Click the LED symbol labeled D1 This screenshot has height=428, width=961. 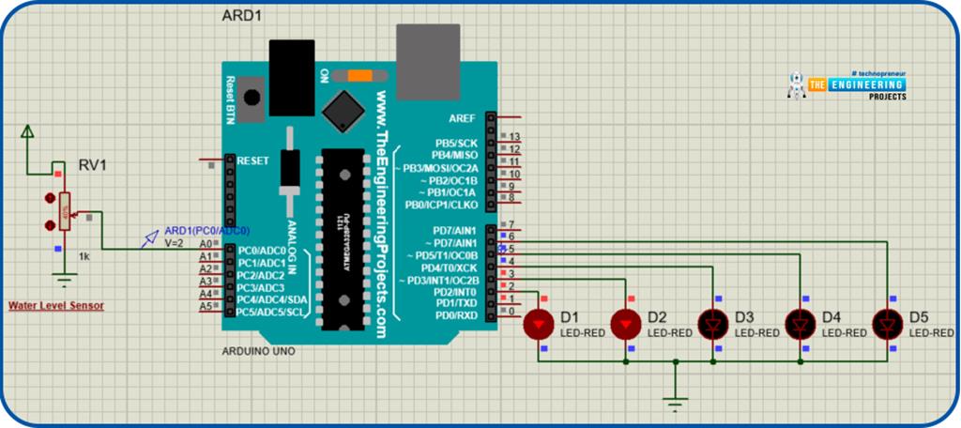[539, 325]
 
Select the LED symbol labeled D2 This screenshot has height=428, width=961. [625, 325]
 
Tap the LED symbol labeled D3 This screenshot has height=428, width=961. [713, 325]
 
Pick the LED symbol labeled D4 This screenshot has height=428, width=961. [801, 325]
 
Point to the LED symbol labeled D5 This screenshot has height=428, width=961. [887, 325]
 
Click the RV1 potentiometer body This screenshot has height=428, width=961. [64, 212]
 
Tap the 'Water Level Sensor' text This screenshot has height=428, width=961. [56, 306]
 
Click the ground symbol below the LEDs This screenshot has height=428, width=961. [674, 402]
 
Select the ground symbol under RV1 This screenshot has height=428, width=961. [64, 278]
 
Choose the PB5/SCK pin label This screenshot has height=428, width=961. [456, 143]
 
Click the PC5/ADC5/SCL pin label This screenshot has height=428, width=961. [270, 312]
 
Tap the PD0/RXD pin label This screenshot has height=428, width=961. [456, 315]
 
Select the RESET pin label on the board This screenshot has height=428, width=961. [254, 160]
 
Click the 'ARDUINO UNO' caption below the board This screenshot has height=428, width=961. [260, 351]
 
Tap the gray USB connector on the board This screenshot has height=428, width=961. [428, 58]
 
